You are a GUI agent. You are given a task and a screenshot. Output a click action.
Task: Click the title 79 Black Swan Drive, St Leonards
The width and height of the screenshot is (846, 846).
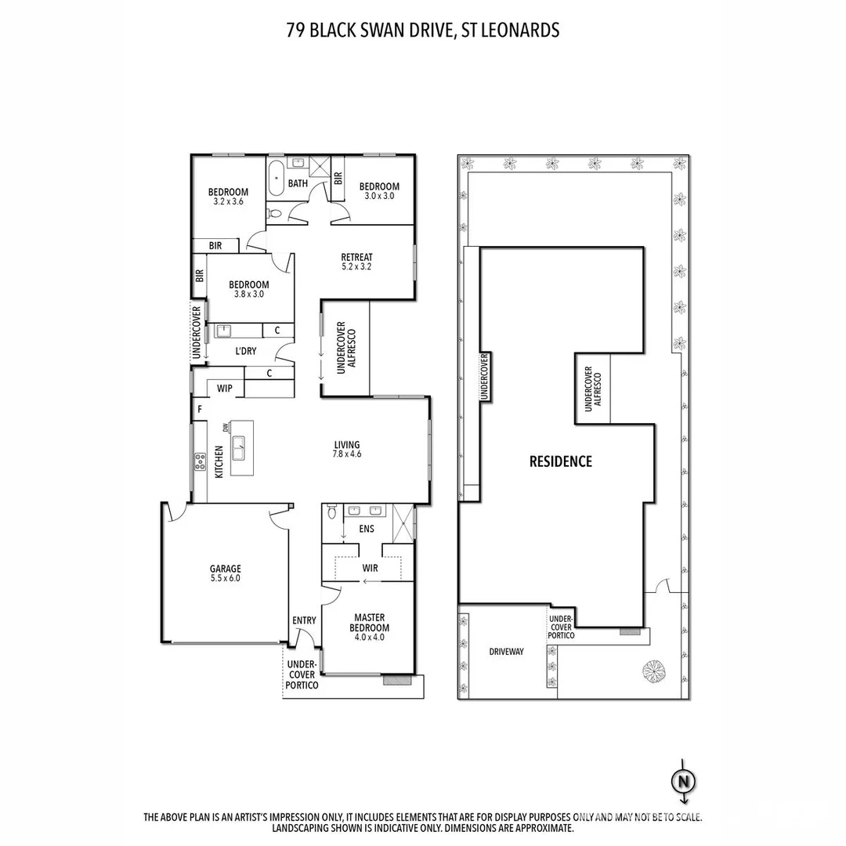[x=423, y=31]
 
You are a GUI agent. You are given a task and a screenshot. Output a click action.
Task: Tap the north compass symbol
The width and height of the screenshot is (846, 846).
[x=683, y=781]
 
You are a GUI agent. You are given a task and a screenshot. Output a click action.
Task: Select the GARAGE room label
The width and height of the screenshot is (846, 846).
[x=225, y=573]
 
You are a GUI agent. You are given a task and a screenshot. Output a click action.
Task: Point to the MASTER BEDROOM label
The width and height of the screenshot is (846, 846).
[x=371, y=627]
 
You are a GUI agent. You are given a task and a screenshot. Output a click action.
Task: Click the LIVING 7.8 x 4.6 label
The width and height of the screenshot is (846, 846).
[x=347, y=448]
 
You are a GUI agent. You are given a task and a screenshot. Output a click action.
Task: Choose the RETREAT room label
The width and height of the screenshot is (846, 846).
[x=356, y=262]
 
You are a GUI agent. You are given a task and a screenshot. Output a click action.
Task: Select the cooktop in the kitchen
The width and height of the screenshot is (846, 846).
[x=200, y=461]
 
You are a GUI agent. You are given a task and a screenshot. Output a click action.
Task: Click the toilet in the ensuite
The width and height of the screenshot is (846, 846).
[x=333, y=514]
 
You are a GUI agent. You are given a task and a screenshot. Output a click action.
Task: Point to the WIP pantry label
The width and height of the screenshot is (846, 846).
[x=225, y=388]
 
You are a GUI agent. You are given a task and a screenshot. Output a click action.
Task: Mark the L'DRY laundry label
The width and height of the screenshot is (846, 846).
[x=245, y=352]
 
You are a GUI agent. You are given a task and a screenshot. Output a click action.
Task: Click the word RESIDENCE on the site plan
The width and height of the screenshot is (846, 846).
[x=561, y=461]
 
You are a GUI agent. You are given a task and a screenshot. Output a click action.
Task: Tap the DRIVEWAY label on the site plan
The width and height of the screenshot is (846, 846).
[x=506, y=652]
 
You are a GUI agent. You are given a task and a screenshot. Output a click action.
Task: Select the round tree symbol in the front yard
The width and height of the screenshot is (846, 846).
[x=653, y=670]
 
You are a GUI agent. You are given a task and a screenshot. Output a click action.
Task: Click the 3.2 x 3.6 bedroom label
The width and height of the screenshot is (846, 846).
[x=228, y=197]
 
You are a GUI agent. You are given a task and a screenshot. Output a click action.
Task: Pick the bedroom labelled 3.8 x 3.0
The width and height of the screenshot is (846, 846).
[x=248, y=290]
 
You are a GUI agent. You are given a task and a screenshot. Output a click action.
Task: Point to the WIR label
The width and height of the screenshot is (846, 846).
[x=371, y=567]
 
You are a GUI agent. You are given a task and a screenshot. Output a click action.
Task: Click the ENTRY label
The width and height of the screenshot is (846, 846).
[x=304, y=620]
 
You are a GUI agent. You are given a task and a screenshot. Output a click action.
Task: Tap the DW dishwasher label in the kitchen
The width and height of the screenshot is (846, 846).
[x=226, y=427]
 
